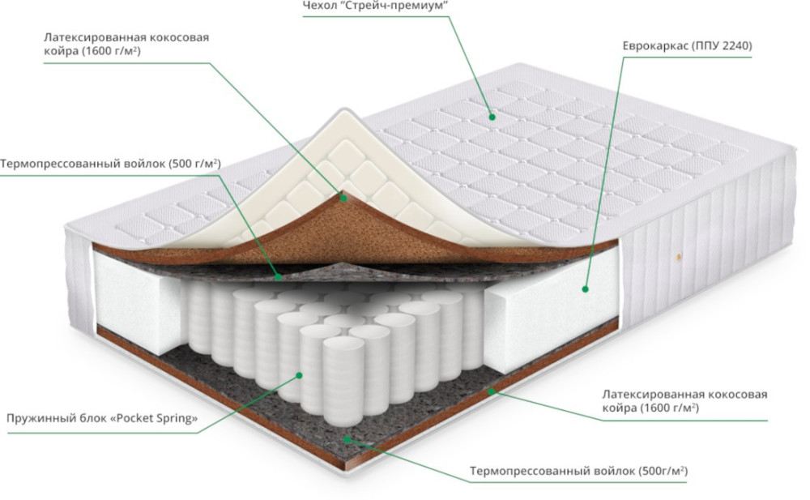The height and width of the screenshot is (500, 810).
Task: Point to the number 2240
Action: tap(735, 46)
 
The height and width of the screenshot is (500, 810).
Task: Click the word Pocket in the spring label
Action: tap(127, 419)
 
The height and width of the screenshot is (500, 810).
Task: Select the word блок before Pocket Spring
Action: tap(84, 419)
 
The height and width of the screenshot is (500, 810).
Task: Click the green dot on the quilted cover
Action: tap(492, 115)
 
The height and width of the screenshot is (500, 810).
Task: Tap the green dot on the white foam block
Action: tap(585, 288)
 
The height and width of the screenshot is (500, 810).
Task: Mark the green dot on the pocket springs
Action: tap(299, 375)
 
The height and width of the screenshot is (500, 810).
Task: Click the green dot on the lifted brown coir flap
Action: tap(343, 196)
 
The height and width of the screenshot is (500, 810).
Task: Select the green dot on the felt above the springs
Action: tap(278, 276)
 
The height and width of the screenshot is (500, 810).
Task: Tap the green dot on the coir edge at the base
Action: tap(491, 391)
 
